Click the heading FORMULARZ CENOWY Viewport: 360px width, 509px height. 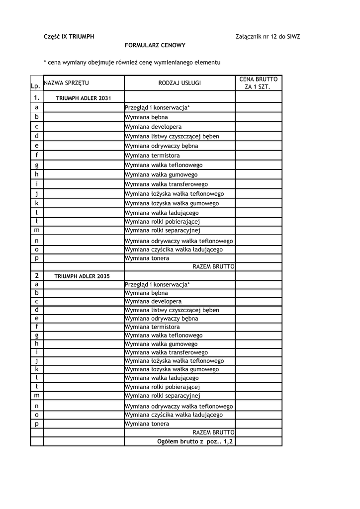coord(155,45)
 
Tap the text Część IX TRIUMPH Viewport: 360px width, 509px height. coord(69,37)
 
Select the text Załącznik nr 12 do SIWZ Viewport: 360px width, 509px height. coord(268,37)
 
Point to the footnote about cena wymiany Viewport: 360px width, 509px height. coord(132,63)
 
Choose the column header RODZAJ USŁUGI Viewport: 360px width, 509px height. coord(180,83)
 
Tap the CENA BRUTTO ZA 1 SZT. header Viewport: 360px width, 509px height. coord(259,83)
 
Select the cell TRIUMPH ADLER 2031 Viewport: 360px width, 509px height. coord(84,98)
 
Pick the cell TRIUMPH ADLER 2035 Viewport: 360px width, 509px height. coord(82,276)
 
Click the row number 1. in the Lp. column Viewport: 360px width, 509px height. coord(37,98)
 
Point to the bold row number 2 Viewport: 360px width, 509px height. coord(37,275)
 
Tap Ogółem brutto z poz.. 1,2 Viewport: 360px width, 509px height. coord(195,441)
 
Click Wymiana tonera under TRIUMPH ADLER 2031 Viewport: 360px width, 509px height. coord(147,258)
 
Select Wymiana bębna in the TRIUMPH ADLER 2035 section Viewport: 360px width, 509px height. coord(146,293)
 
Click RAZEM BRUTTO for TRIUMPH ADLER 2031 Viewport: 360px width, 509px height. coord(213,267)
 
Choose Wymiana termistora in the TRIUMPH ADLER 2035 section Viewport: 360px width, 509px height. coord(152,327)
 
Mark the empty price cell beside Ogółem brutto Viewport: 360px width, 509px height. coord(259,441)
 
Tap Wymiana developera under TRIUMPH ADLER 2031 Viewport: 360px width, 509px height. coord(153,127)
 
